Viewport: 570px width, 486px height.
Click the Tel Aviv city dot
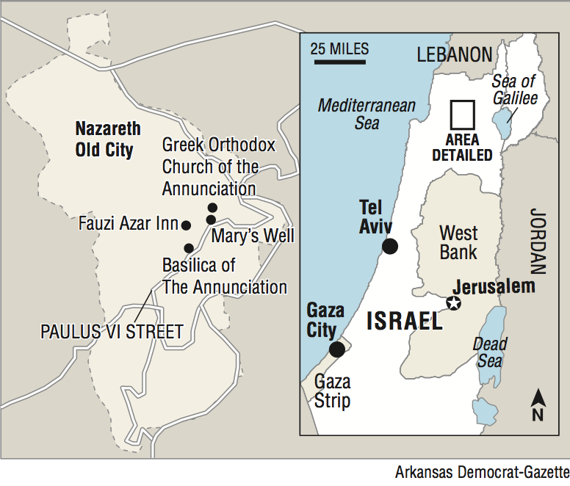click(x=390, y=247)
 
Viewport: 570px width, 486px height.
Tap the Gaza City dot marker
click(x=336, y=349)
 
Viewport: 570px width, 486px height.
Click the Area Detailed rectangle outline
click(x=463, y=116)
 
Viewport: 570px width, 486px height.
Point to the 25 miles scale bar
click(x=340, y=62)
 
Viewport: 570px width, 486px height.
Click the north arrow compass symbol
click(x=538, y=406)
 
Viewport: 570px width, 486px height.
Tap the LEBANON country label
click(x=454, y=54)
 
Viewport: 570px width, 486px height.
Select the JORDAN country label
click(x=538, y=242)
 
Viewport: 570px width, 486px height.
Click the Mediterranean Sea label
click(x=367, y=114)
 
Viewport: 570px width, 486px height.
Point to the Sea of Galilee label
click(x=514, y=90)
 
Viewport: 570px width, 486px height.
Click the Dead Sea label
click(x=489, y=352)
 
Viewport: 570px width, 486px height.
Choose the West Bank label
click(x=458, y=243)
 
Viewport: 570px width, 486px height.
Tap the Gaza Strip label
click(x=332, y=391)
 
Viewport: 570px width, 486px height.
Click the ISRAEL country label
click(x=404, y=321)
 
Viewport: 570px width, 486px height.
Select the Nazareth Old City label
click(x=107, y=139)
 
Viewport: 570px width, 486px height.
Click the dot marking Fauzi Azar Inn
click(x=186, y=225)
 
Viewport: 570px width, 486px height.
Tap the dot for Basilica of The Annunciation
click(x=189, y=248)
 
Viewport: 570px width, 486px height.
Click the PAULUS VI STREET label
click(x=112, y=332)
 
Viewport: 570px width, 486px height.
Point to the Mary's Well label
click(x=253, y=236)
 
